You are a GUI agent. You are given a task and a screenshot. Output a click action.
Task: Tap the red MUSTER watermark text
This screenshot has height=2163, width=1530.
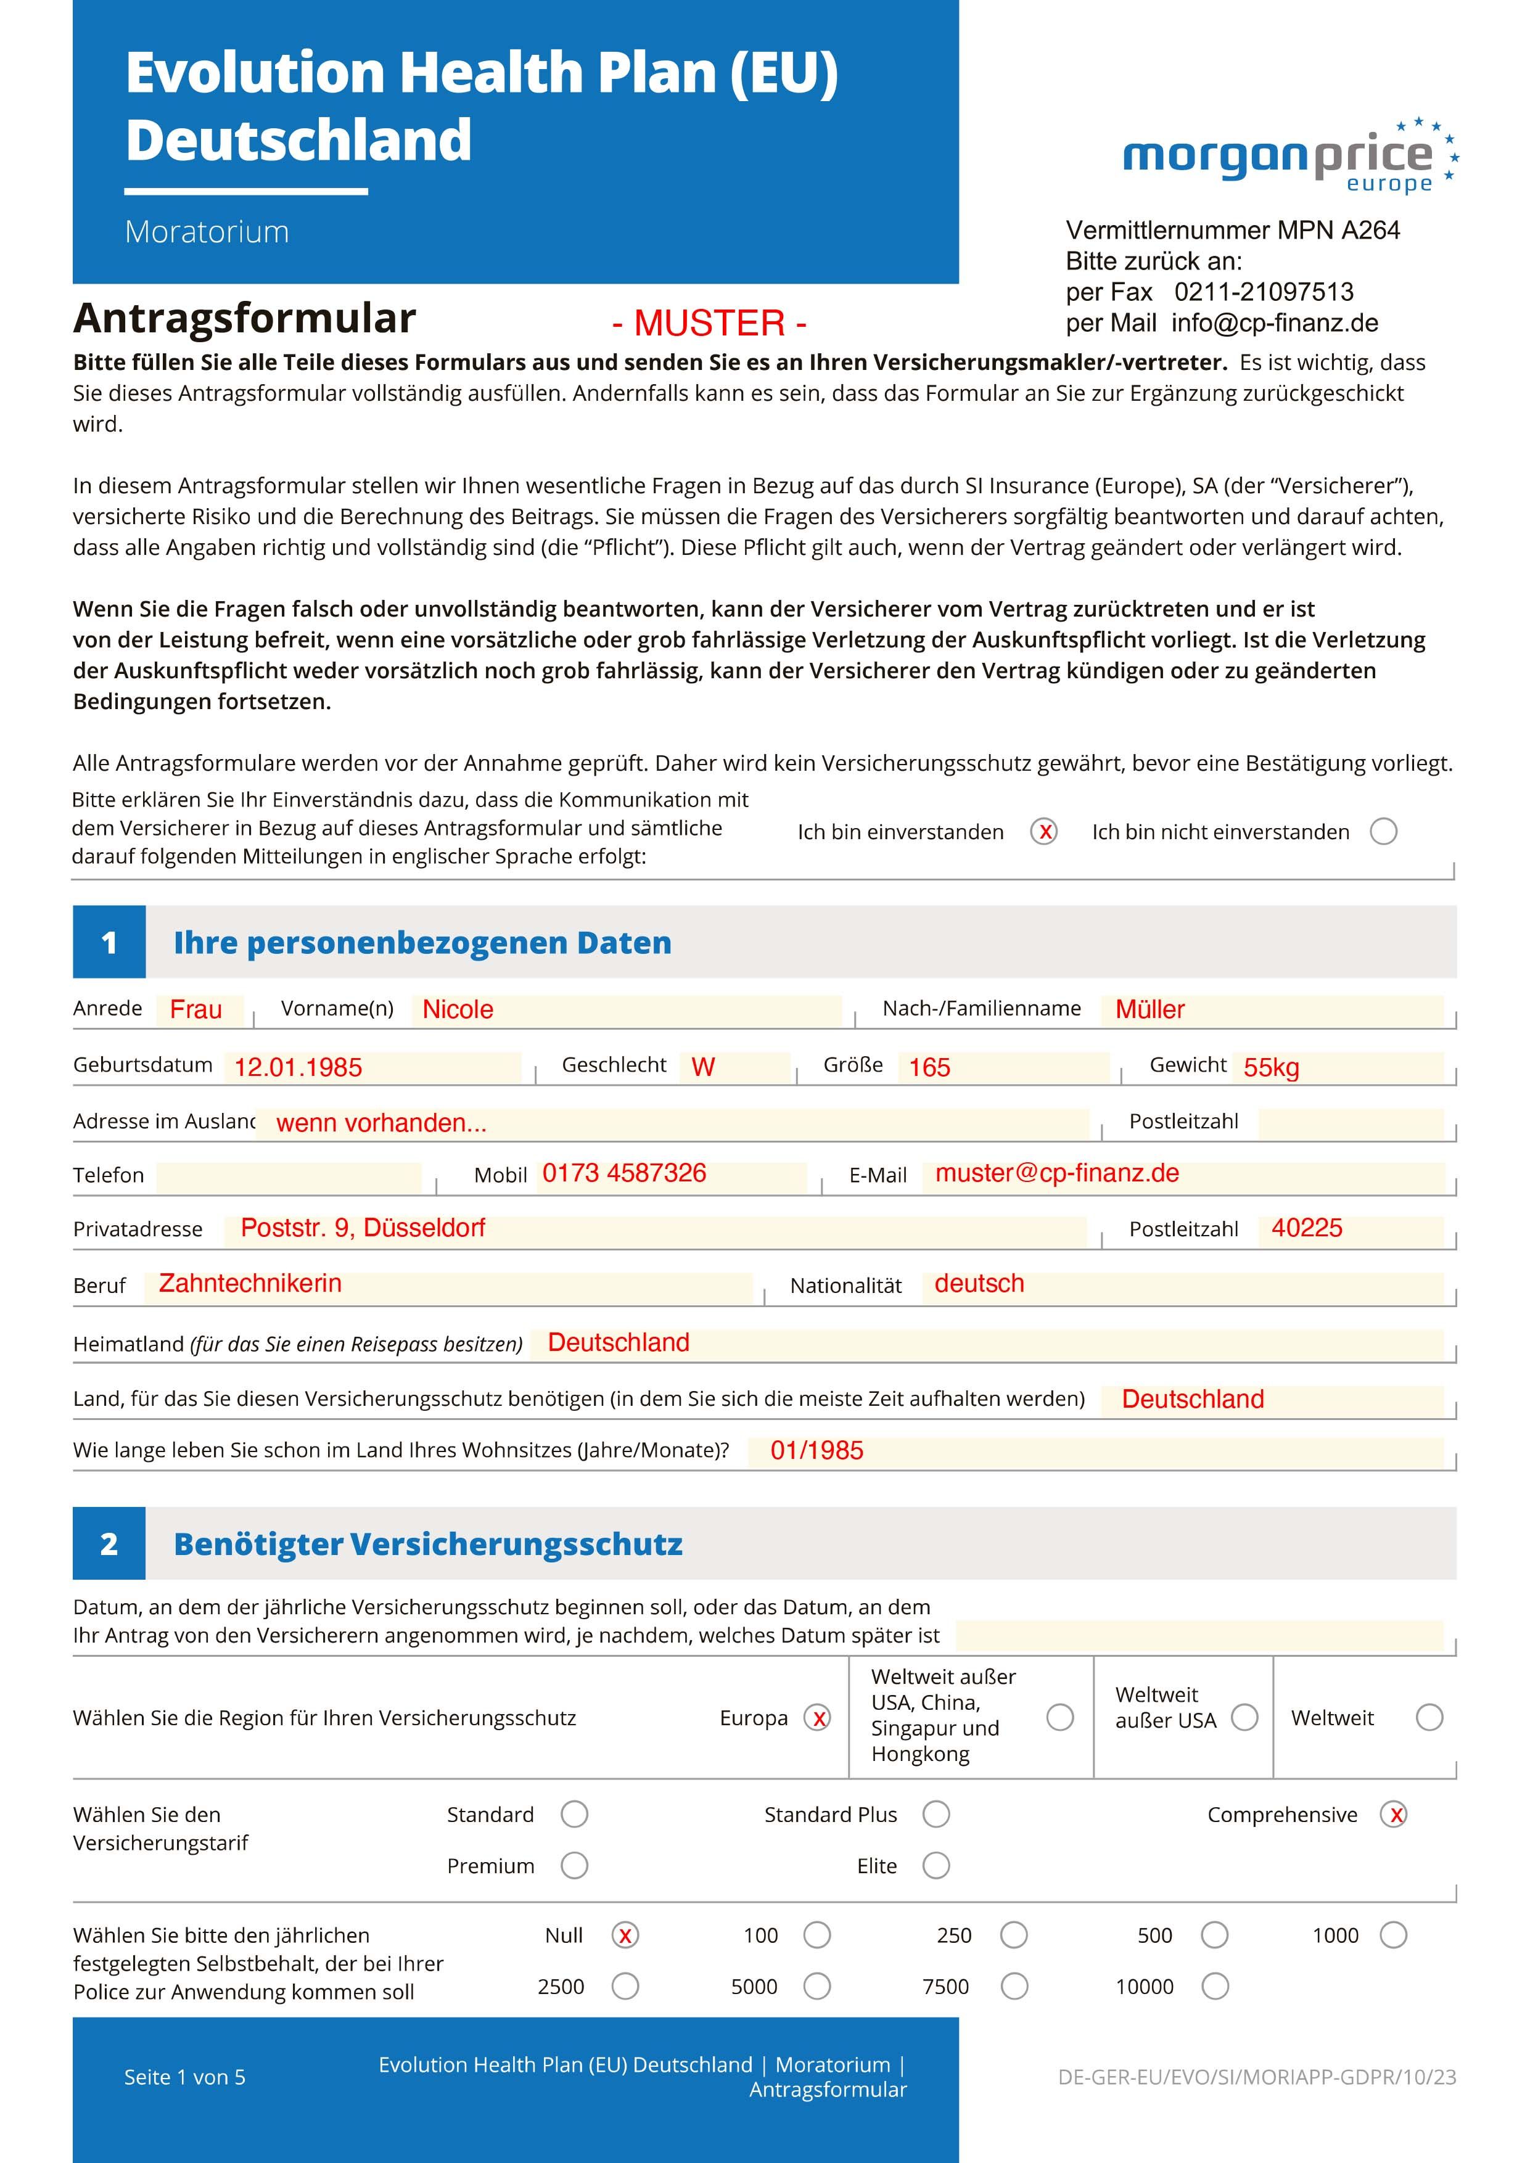coord(709,323)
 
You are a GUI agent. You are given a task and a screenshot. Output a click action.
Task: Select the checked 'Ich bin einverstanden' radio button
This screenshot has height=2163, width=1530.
coord(1044,832)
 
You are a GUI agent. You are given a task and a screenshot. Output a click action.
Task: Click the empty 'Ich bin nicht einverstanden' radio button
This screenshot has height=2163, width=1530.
coord(1383,832)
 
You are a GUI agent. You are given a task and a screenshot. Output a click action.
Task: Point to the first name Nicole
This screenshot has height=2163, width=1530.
coord(458,1010)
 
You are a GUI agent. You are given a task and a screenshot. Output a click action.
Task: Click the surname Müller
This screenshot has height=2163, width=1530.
coord(1150,1010)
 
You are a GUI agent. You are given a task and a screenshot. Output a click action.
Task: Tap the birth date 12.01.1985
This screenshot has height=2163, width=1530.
coord(298,1067)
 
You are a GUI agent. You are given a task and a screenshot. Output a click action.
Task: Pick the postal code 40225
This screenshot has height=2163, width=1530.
coord(1307,1228)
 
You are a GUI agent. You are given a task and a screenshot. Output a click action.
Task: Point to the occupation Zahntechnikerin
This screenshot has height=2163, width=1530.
coord(250,1284)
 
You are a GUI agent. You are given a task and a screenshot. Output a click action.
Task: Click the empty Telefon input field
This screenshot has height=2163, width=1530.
coord(288,1176)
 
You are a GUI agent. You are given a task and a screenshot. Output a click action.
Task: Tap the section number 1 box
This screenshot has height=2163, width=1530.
coord(109,942)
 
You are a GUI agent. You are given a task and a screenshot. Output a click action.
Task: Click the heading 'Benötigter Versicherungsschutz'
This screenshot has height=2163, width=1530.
coord(428,1544)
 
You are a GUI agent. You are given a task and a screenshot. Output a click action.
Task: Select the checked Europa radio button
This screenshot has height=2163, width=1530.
coord(818,1718)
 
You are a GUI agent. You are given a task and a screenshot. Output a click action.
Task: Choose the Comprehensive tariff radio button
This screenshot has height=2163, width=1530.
coord(1393,1815)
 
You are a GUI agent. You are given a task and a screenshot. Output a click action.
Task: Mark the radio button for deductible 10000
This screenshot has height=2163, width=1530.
coord(1214,1987)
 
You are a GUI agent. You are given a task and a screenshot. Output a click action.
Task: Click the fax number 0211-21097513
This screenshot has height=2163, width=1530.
coord(1264,292)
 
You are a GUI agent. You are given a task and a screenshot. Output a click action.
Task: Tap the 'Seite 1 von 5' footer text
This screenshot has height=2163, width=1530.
coord(184,2077)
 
